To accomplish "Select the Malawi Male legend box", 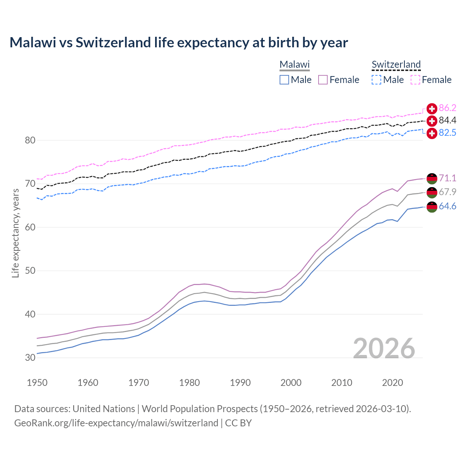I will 284,80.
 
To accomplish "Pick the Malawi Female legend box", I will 323,80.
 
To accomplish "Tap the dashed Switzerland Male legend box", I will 376,80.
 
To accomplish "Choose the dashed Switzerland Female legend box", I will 415,80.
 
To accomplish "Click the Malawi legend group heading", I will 295,64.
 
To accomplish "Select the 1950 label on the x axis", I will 37,383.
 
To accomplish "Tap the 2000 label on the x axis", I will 291,383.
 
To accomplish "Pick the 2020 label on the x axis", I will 392,383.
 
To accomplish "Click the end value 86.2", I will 447,108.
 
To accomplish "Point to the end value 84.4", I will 447,120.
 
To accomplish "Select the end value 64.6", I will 447,206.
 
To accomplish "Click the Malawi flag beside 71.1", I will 432,178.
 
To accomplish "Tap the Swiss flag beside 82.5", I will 432,133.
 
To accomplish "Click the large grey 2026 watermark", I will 384,348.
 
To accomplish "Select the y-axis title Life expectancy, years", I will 15,233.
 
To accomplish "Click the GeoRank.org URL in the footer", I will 116,423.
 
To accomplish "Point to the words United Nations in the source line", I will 104,408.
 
